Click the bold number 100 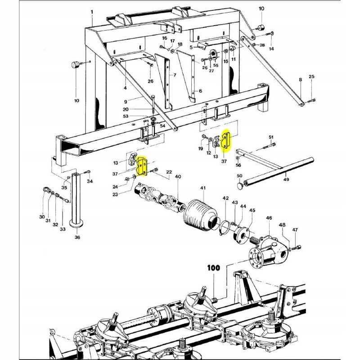click(214, 268)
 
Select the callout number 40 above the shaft click(178, 176)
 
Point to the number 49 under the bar click(286, 180)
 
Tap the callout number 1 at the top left click(92, 12)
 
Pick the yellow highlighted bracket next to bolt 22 click(143, 166)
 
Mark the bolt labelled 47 click(297, 247)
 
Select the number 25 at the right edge click(311, 77)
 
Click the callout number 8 click(300, 80)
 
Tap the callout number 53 click(126, 116)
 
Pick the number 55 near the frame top click(216, 65)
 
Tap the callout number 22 click(169, 172)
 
